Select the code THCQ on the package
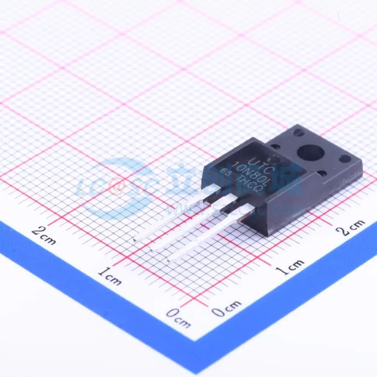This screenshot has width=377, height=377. [250, 180]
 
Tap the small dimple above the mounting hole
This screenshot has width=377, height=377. [298, 134]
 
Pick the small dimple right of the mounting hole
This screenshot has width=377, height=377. [345, 158]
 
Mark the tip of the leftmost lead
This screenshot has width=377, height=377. [135, 240]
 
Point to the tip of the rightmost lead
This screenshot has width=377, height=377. [170, 260]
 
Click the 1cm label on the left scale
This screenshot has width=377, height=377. [109, 276]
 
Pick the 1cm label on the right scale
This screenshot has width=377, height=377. [293, 266]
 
